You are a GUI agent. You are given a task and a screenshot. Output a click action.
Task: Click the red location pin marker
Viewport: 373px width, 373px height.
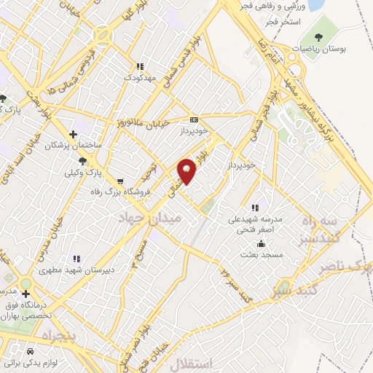[187, 170]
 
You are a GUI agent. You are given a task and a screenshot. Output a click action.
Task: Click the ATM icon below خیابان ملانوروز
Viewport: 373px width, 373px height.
[194, 119]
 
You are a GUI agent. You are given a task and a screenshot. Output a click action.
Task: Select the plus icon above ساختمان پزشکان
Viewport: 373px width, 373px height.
[72, 133]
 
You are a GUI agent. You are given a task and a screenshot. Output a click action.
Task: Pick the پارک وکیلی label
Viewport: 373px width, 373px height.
[82, 174]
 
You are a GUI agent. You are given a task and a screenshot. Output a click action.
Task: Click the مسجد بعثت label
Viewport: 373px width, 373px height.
[259, 256]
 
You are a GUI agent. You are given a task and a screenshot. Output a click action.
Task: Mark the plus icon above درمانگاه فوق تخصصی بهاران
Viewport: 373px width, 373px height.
[27, 293]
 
